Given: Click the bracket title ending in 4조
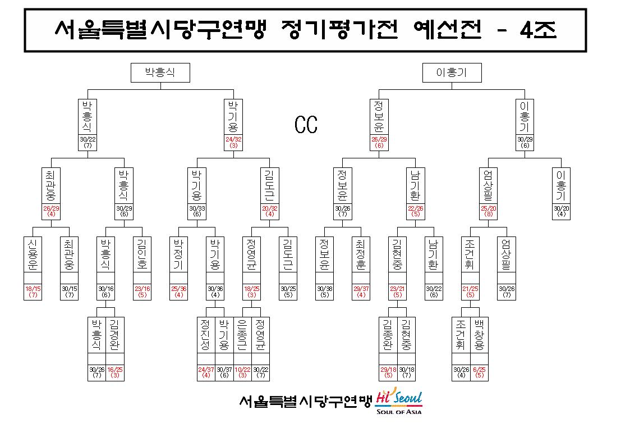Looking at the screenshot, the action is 306,29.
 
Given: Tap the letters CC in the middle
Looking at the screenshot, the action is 306,125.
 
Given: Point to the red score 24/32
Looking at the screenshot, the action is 233,139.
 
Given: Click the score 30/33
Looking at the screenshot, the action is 197,208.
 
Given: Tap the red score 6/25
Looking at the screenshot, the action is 479,369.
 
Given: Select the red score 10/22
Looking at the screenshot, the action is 242,369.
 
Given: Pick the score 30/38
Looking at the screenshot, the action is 324,289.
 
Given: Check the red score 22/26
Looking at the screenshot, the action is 416,208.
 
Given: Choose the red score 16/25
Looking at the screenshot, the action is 115,369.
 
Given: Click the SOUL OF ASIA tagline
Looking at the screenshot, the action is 399,411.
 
